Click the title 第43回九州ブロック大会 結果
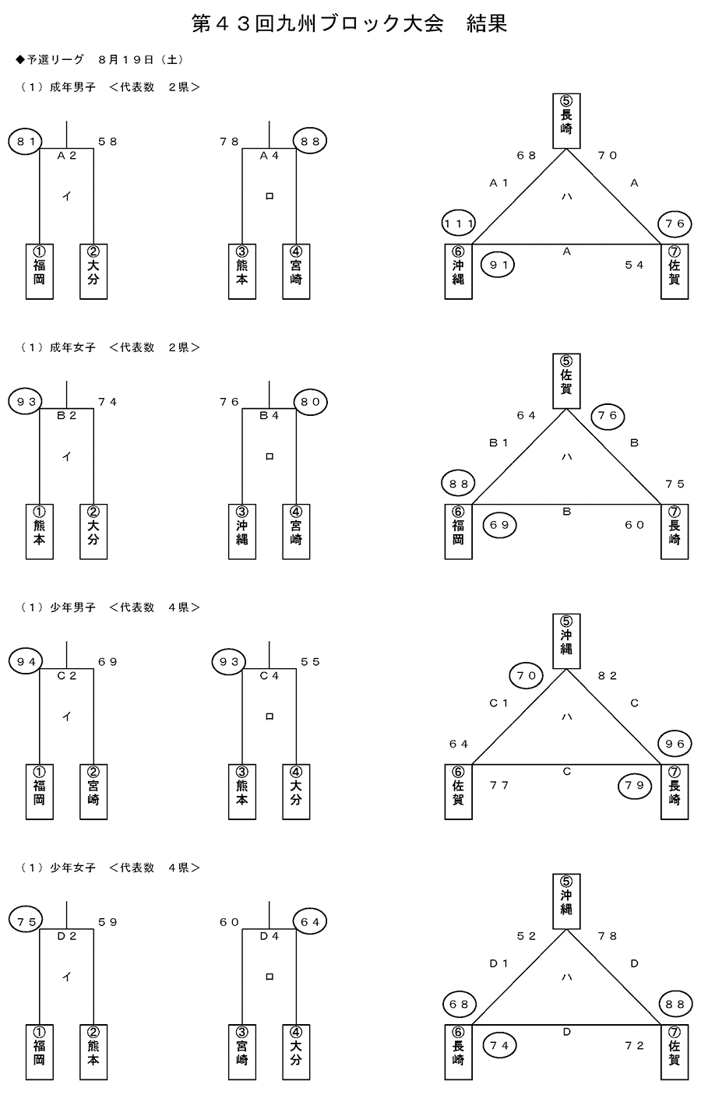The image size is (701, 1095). coord(350,24)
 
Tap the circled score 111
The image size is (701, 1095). coord(458,224)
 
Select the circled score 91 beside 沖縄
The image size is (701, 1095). coord(499,265)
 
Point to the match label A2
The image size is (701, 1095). coord(68,156)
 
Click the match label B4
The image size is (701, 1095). coord(269,416)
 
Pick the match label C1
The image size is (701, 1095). coord(498,703)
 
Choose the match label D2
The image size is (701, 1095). coord(68,936)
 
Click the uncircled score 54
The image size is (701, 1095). coord(635,265)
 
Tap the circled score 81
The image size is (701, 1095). coord(25,142)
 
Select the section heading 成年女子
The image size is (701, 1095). coord(72,347)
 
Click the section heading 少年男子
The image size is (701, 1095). coord(72,607)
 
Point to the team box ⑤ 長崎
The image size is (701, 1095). coord(566,121)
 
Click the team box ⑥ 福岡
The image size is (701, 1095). coord(458,532)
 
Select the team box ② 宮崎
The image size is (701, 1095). coord(93,792)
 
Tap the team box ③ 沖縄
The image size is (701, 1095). coord(242,532)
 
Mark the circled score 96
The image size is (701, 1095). coord(675,744)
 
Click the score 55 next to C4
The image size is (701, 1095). coord(311,662)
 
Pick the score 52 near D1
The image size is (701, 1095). coord(527,936)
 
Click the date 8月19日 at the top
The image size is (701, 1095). coord(126,60)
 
